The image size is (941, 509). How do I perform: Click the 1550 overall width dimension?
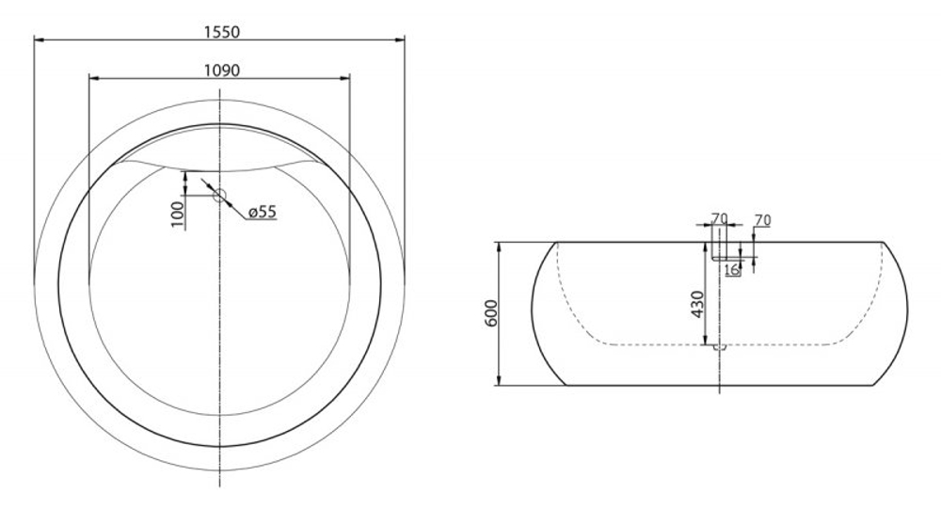(222, 31)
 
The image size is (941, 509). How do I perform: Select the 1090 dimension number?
(222, 70)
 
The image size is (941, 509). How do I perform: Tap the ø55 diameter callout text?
(262, 213)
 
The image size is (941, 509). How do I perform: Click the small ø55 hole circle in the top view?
(219, 196)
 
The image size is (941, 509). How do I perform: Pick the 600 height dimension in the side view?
(491, 313)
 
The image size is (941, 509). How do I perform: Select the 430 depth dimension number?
(697, 304)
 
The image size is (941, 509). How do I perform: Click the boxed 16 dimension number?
(731, 270)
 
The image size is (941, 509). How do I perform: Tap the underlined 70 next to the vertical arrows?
(762, 220)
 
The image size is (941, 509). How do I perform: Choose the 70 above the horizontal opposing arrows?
(720, 218)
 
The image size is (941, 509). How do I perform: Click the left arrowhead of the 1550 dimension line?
(39, 40)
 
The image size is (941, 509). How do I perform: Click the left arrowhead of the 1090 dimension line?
(91, 78)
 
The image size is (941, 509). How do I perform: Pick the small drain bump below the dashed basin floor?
(720, 347)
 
